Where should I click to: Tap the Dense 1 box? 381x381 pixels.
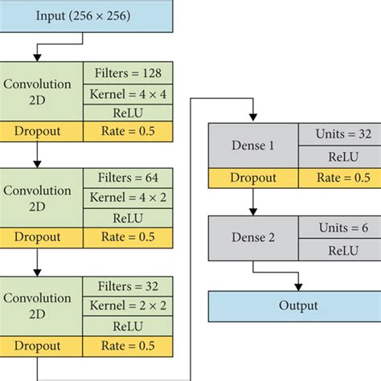[x=253, y=147]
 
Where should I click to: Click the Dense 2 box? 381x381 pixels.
[x=253, y=238]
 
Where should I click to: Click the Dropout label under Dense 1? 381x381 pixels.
[x=253, y=178]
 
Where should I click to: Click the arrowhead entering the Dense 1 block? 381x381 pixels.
[x=252, y=119]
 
